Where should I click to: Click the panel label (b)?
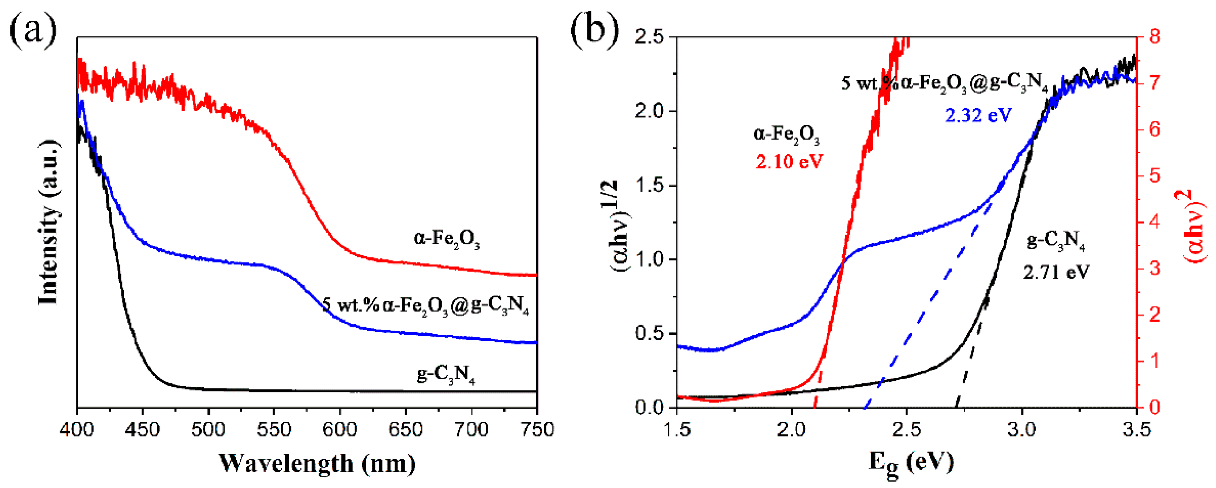coord(594,31)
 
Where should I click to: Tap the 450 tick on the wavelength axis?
coord(142,430)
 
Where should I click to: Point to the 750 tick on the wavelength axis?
coord(537,430)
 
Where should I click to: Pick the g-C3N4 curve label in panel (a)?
coord(446,374)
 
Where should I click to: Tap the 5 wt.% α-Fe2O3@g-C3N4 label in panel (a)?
coord(425,306)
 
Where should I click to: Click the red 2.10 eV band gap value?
coord(789,162)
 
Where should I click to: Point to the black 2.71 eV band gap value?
coord(1056,272)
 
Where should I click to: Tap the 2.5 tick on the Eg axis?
coord(907,430)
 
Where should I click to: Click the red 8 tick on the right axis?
coord(1155,36)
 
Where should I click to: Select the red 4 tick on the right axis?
coord(1155,222)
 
